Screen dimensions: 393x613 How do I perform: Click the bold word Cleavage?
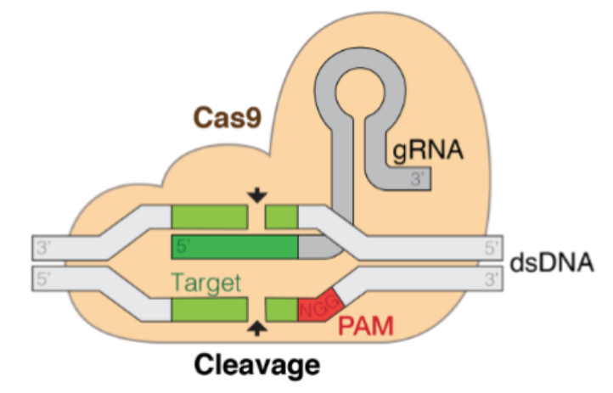[x=257, y=365]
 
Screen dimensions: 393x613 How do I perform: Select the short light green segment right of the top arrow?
[x=281, y=216]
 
